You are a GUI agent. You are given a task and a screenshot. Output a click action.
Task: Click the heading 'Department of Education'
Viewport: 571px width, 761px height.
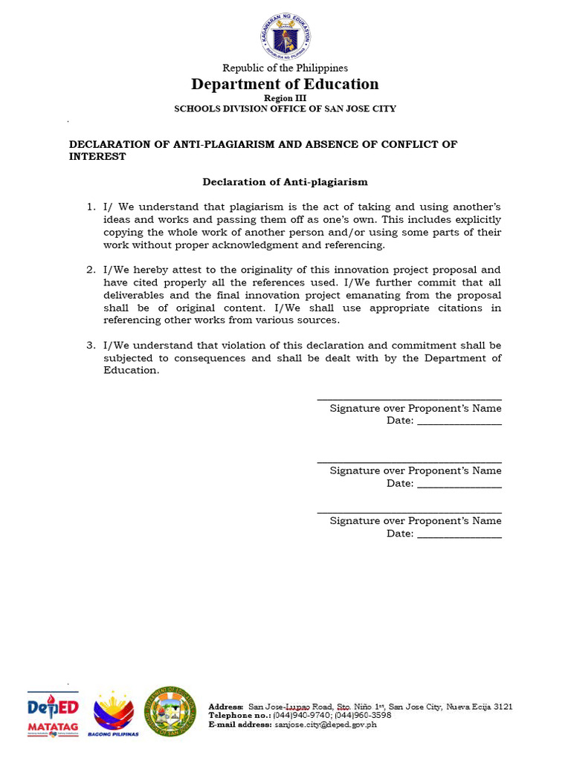coord(285,84)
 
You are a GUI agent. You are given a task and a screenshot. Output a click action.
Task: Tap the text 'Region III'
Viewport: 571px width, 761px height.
coord(285,98)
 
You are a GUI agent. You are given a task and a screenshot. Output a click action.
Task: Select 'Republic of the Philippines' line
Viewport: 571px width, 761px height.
coord(285,68)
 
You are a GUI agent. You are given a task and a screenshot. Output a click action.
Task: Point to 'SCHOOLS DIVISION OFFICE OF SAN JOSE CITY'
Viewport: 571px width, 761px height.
coord(285,109)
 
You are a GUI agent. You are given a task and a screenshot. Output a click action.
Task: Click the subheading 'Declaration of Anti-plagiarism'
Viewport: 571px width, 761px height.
coord(285,181)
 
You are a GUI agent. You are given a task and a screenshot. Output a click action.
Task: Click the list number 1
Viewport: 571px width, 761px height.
coord(91,207)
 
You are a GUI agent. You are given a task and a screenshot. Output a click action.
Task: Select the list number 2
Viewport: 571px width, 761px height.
coord(91,270)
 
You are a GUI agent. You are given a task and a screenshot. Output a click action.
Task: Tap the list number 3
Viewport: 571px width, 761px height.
coord(91,346)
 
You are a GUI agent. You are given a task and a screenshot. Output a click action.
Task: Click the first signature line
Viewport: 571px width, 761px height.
coord(409,400)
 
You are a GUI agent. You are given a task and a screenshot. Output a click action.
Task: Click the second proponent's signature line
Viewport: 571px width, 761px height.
coord(409,462)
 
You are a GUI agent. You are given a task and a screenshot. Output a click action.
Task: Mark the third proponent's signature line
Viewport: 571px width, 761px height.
coord(409,513)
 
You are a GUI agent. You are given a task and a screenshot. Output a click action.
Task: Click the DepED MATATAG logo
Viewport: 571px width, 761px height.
coord(53,714)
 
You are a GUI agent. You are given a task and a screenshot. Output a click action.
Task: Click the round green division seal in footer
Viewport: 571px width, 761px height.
coord(170,711)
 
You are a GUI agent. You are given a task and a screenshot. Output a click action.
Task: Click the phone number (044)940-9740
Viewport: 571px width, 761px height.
coord(300,716)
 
